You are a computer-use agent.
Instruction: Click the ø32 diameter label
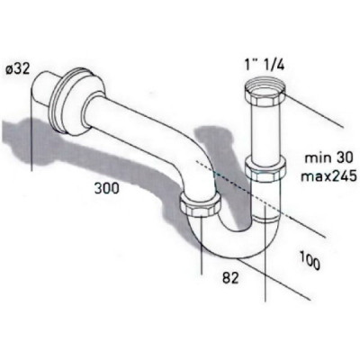18,69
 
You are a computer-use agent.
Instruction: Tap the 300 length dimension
107,188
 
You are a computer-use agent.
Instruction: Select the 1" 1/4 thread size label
265,66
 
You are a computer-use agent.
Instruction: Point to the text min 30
328,157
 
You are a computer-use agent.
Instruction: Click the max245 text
328,176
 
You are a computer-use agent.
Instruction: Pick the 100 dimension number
310,260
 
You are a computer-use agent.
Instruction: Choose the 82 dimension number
230,278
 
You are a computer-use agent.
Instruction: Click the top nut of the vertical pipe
265,93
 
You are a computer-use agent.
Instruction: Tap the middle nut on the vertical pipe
265,170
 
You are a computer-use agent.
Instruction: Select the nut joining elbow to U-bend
201,205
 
